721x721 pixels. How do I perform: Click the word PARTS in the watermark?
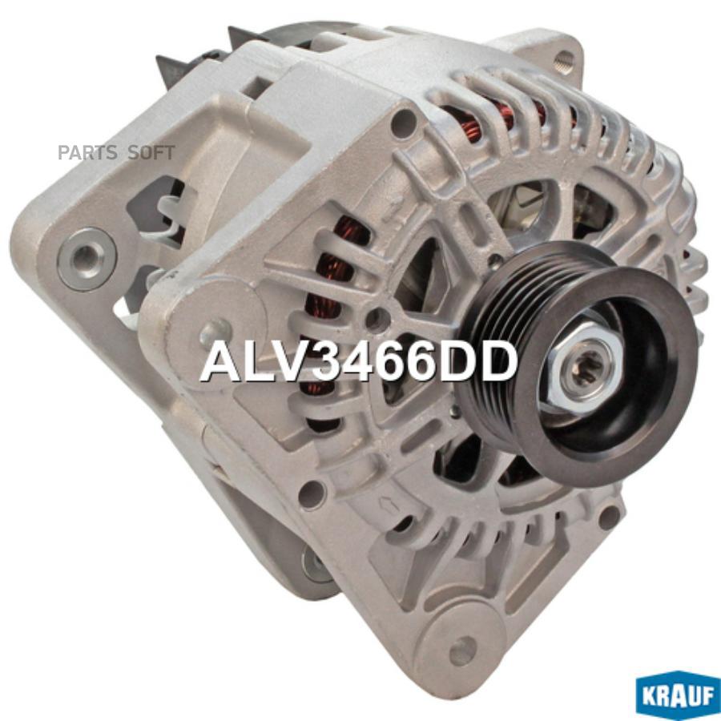(x=88, y=153)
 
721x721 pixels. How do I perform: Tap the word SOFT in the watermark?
(x=151, y=153)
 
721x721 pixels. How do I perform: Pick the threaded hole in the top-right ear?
(x=565, y=58)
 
